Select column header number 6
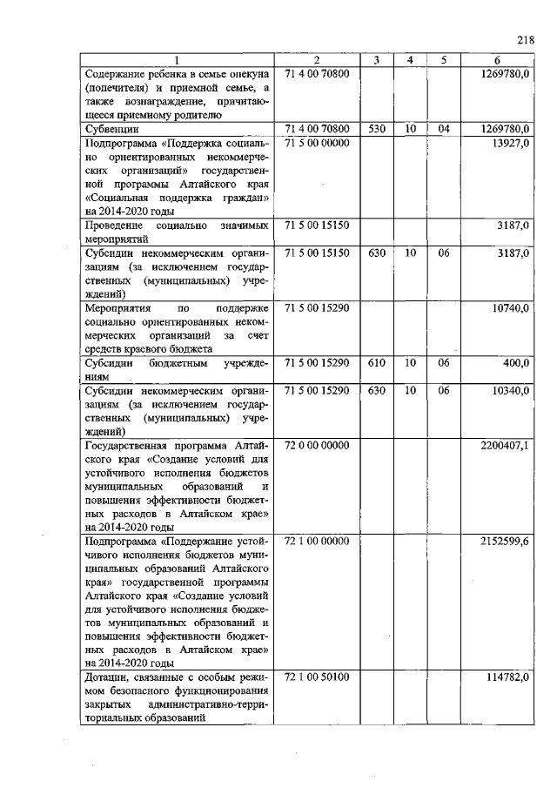click(x=496, y=60)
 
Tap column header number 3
click(x=376, y=60)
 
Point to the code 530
click(x=376, y=129)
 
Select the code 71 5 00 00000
click(x=317, y=142)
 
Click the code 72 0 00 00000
click(x=317, y=446)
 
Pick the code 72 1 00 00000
click(x=317, y=542)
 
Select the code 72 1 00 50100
click(x=317, y=678)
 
